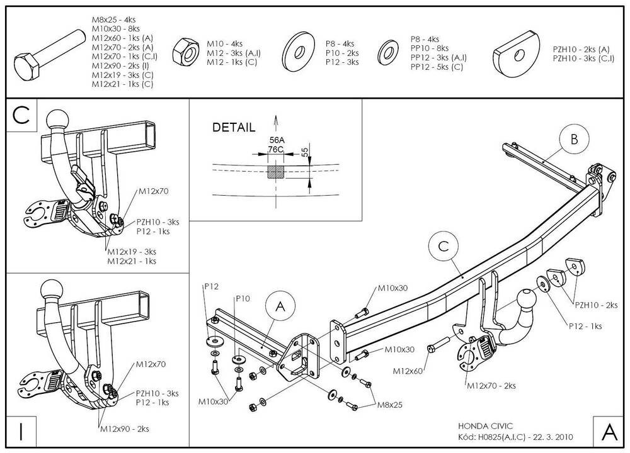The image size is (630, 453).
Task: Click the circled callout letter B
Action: point(574,139)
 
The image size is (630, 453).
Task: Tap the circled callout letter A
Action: point(280,306)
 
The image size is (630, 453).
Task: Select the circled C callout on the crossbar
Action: point(444,246)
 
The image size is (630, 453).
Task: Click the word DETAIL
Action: point(234,128)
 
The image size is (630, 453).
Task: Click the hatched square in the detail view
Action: point(276,172)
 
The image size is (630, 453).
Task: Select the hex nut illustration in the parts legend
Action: point(186,51)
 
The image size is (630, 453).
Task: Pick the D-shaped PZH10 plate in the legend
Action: point(517,53)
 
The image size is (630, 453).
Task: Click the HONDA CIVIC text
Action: point(485,426)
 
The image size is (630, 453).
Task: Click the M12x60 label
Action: point(408,371)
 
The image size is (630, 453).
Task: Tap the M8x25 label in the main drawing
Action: point(389,405)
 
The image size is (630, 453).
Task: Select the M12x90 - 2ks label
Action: point(125,428)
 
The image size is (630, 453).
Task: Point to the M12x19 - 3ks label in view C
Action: point(132,252)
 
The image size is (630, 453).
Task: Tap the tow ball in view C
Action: point(58,120)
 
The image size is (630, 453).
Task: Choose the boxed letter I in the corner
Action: point(21,432)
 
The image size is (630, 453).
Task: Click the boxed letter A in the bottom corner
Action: point(609,432)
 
